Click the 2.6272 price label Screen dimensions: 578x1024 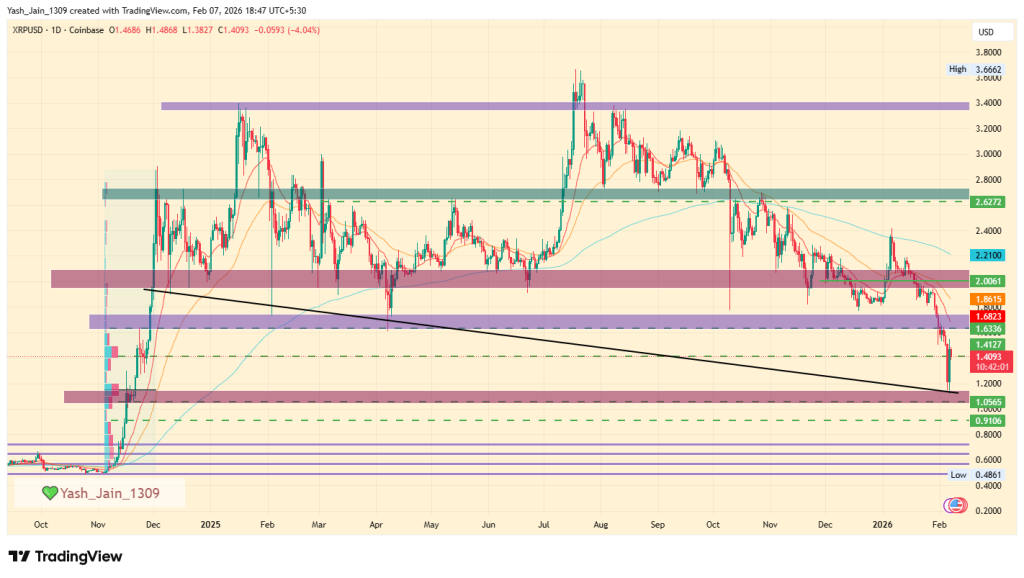pyautogui.click(x=990, y=202)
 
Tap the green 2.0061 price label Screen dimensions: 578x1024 pyautogui.click(x=990, y=282)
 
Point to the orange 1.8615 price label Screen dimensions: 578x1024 pyautogui.click(x=990, y=299)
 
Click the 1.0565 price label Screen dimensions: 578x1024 pyautogui.click(x=990, y=402)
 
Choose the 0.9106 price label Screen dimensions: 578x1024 pyautogui.click(x=990, y=421)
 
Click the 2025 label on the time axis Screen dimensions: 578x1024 pyautogui.click(x=210, y=524)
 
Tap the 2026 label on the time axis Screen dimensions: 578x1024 pyautogui.click(x=882, y=524)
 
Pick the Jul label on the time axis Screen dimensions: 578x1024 pyautogui.click(x=545, y=524)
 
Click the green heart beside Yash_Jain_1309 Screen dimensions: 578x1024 pyautogui.click(x=50, y=493)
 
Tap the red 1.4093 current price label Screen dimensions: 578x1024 pyautogui.click(x=990, y=358)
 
